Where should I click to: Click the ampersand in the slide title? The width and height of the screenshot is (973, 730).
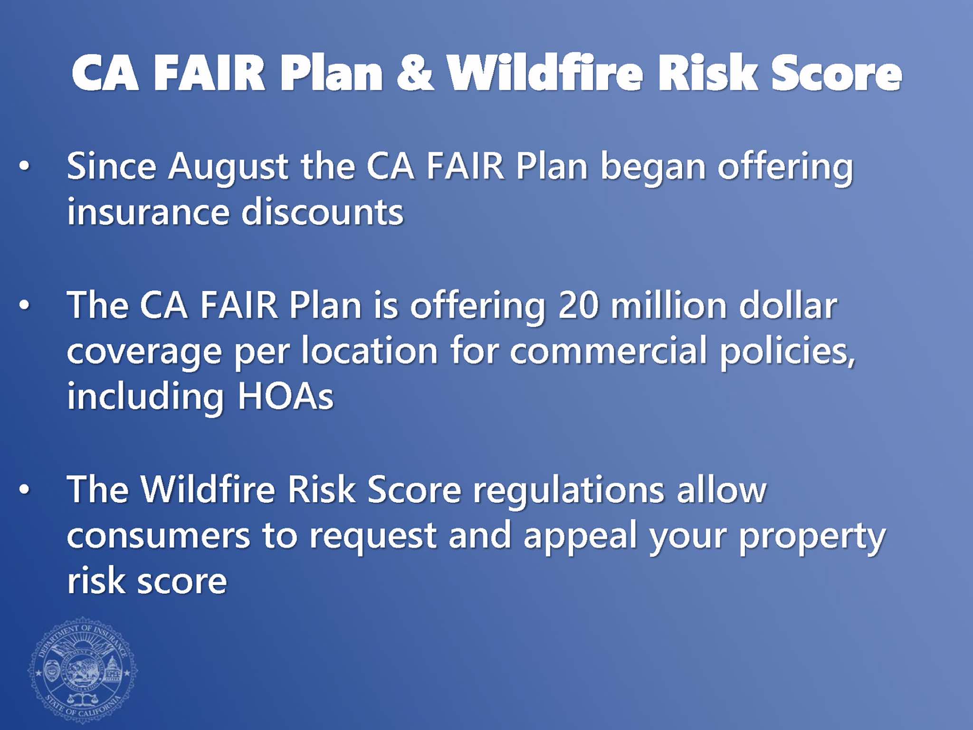415,72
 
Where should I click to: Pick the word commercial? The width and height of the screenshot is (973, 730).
609,350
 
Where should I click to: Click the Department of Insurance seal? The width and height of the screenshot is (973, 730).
83,671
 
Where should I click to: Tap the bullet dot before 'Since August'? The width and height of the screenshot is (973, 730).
24,166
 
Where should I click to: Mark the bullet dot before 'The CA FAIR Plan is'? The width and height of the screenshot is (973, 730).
24,305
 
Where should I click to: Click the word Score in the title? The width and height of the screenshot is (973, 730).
837,72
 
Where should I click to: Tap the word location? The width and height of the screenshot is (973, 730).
370,350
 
